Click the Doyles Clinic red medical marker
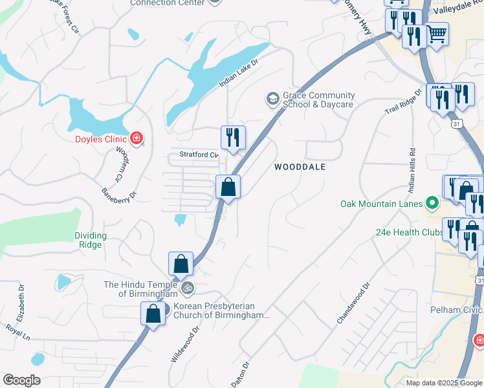(x=136, y=138)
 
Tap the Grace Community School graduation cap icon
(x=272, y=99)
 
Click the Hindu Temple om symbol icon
(x=187, y=285)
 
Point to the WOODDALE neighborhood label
(x=300, y=167)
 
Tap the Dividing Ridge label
(x=90, y=240)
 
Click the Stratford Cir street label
(x=198, y=155)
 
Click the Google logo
(x=21, y=380)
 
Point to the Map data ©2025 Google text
(x=444, y=383)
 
